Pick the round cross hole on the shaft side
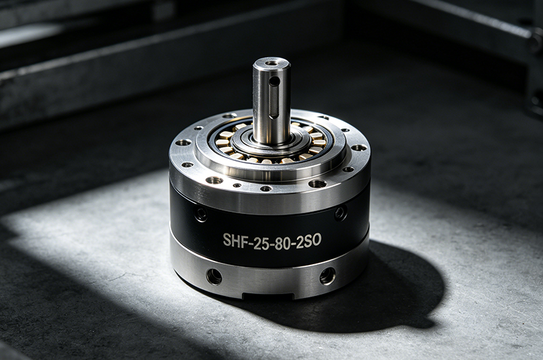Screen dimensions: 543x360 [274, 82]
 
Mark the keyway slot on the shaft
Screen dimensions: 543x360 [274, 101]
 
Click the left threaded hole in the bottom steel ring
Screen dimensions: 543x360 [214, 276]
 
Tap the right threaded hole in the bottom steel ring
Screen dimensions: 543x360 [327, 276]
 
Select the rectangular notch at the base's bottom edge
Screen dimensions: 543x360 [267, 296]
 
